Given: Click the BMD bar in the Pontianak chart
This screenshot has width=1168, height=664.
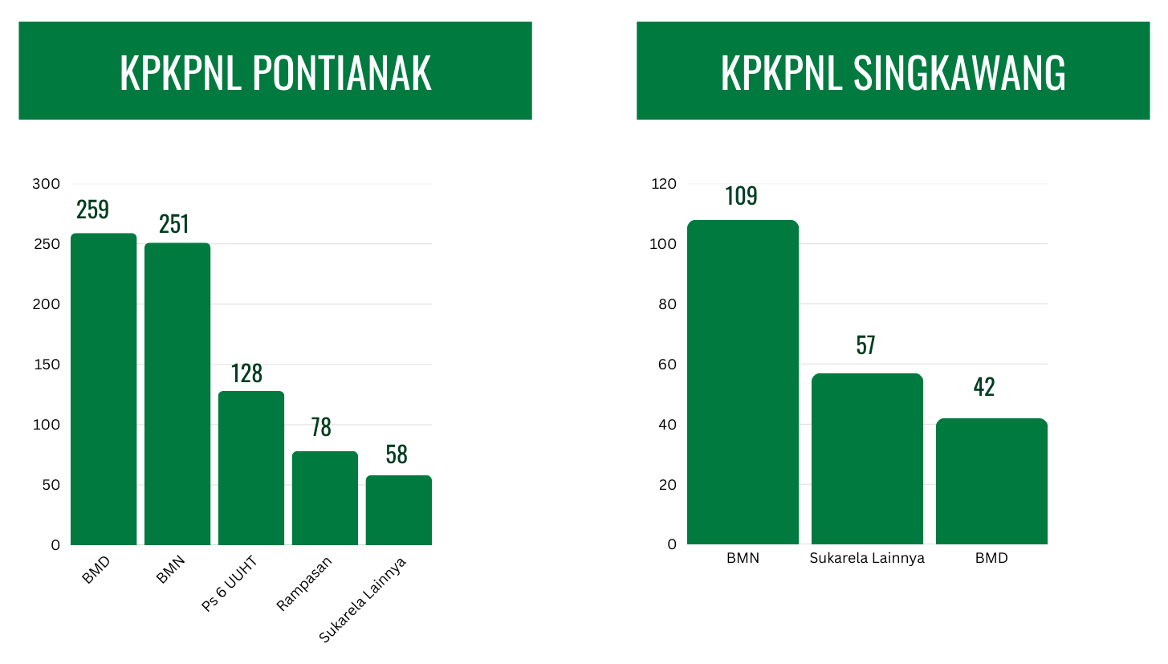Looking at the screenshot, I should pyautogui.click(x=104, y=389).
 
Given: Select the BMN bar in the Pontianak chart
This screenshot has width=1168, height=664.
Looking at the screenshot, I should pyautogui.click(x=177, y=393).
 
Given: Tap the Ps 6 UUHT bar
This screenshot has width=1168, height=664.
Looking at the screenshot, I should pyautogui.click(x=251, y=468).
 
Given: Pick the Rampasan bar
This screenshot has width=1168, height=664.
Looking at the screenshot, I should pyautogui.click(x=325, y=498).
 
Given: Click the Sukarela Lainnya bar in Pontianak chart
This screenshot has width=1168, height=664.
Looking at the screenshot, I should pyautogui.click(x=399, y=510).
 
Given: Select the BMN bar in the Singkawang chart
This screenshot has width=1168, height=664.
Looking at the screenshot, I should pyautogui.click(x=743, y=382).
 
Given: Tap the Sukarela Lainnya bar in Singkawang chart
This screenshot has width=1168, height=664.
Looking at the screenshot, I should pyautogui.click(x=867, y=459).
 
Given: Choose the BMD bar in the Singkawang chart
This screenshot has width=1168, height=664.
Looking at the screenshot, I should pyautogui.click(x=991, y=482).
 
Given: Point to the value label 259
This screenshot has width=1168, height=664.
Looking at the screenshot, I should pyautogui.click(x=93, y=210).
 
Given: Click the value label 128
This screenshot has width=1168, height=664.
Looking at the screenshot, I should pyautogui.click(x=247, y=373).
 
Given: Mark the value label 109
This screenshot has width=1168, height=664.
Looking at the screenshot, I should pyautogui.click(x=741, y=196).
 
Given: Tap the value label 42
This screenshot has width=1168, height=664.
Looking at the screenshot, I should pyautogui.click(x=984, y=387).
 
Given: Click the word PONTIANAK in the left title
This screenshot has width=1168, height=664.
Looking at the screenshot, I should pyautogui.click(x=342, y=73).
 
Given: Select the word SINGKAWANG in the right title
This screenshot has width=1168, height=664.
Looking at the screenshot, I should pyautogui.click(x=959, y=73).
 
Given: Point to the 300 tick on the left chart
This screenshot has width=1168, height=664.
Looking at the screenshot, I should pyautogui.click(x=46, y=184).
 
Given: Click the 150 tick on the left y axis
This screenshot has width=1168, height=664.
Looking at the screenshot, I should pyautogui.click(x=46, y=365).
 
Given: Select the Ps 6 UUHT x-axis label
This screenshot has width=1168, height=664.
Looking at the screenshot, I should pyautogui.click(x=229, y=585).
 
